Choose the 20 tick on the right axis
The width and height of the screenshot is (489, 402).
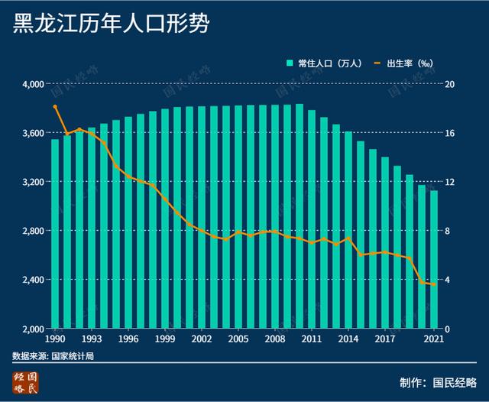point(451,84)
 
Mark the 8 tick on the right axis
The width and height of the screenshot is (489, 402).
point(449,231)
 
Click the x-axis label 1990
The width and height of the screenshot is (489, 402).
point(55,339)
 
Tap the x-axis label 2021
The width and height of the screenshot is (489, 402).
point(434,339)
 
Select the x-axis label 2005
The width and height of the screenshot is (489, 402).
point(238,339)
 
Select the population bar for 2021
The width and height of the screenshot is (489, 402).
point(434,259)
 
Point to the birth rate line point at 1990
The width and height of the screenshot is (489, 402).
point(55,107)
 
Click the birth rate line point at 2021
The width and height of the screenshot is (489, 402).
point(434,284)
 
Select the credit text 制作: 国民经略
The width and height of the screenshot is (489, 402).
point(437,382)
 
